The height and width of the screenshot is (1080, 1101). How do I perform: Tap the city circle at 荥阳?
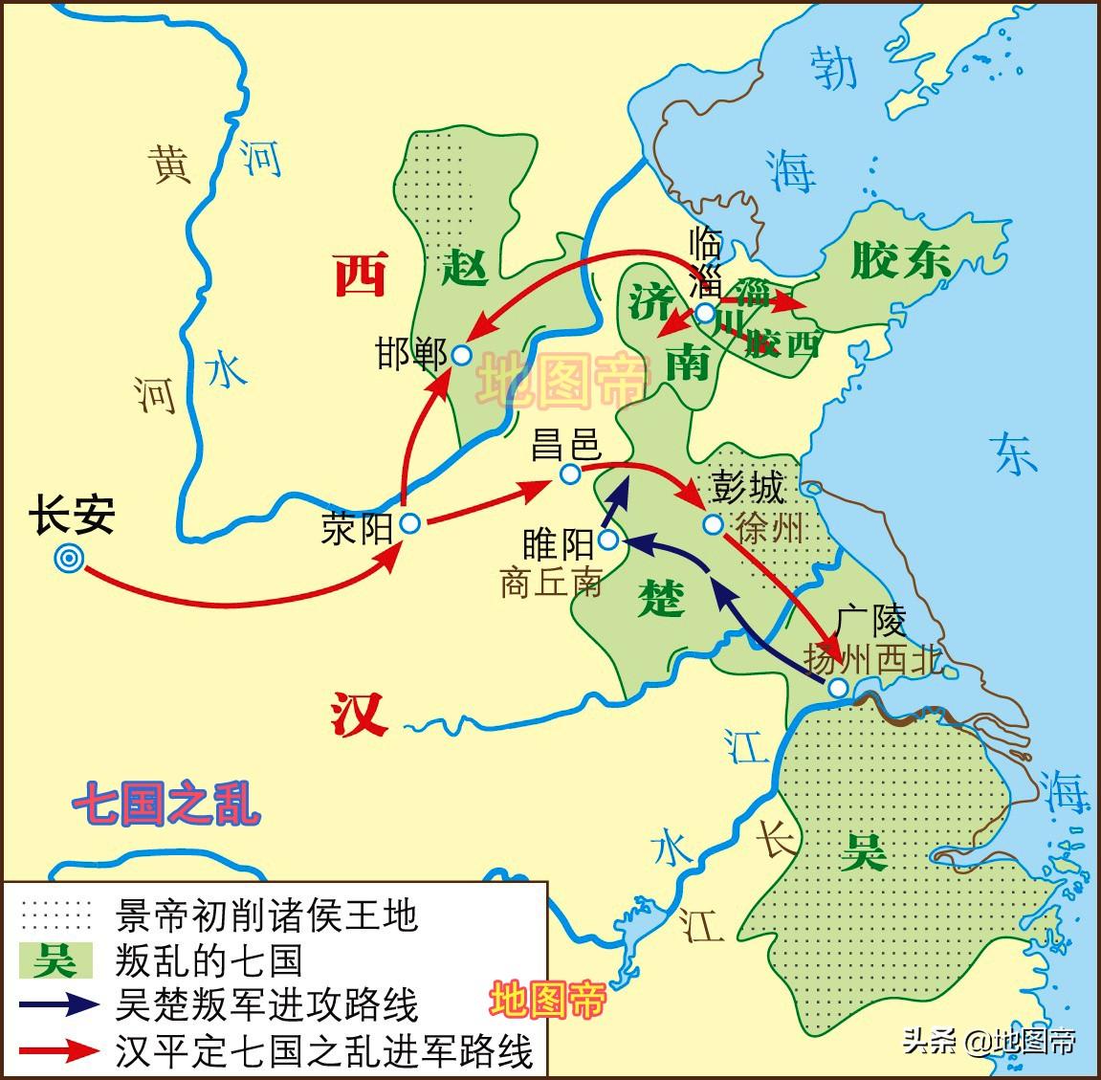410,523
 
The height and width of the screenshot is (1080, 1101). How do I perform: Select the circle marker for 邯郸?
461,356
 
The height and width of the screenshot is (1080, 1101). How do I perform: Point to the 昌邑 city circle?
569,474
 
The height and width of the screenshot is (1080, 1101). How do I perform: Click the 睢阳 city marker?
607,542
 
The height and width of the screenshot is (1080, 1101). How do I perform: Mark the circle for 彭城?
713,524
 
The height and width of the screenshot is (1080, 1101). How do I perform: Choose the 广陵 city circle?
837,688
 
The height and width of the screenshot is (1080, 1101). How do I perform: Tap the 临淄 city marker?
705,313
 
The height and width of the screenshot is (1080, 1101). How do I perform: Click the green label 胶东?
899,259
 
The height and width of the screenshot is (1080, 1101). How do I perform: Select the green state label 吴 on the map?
863,849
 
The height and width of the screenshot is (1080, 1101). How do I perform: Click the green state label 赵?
465,268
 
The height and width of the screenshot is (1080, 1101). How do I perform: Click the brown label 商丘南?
551,582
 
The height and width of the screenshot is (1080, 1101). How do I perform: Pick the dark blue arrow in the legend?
58,1004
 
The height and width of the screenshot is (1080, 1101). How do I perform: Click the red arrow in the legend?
58,1049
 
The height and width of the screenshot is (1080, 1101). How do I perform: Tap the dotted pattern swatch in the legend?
56,915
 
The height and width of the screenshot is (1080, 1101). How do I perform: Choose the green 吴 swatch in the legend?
56,959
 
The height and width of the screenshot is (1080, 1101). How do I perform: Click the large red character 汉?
360,714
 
